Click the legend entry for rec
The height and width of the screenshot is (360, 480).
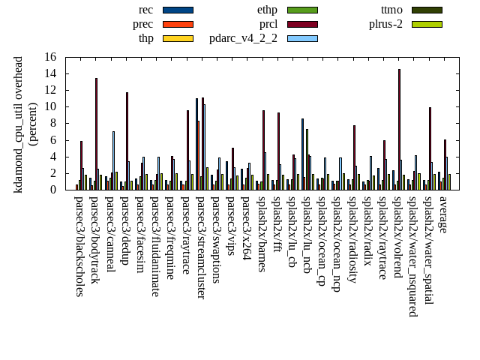click(146, 10)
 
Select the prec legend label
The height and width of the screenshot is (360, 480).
click(143, 24)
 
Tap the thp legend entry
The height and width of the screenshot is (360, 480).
click(146, 38)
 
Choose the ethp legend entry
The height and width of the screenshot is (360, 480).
click(267, 10)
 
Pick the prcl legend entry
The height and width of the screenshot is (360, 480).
click(268, 24)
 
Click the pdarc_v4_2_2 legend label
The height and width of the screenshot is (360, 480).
click(243, 38)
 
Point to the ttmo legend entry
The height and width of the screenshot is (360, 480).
click(391, 10)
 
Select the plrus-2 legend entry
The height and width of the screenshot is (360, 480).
click(385, 24)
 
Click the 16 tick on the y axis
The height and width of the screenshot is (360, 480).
click(50, 57)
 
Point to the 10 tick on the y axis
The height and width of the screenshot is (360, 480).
click(50, 106)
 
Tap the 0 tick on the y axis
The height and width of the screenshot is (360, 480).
click(53, 190)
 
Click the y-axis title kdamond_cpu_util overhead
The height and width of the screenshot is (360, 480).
click(19, 124)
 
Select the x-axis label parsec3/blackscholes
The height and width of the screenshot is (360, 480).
click(79, 246)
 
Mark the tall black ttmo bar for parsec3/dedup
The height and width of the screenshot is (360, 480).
click(127, 141)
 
